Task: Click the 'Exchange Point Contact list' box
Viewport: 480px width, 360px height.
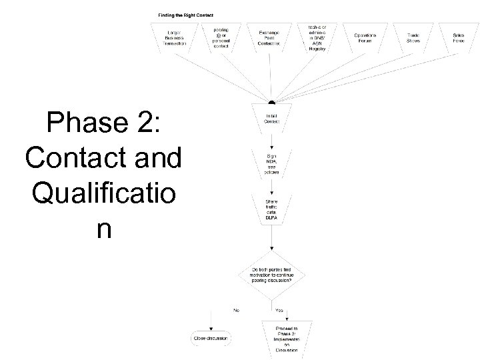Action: [271, 37]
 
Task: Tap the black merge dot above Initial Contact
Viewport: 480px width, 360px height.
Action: [271, 103]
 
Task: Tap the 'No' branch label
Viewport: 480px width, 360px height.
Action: [235, 309]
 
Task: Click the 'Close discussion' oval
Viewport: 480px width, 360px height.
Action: [211, 338]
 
